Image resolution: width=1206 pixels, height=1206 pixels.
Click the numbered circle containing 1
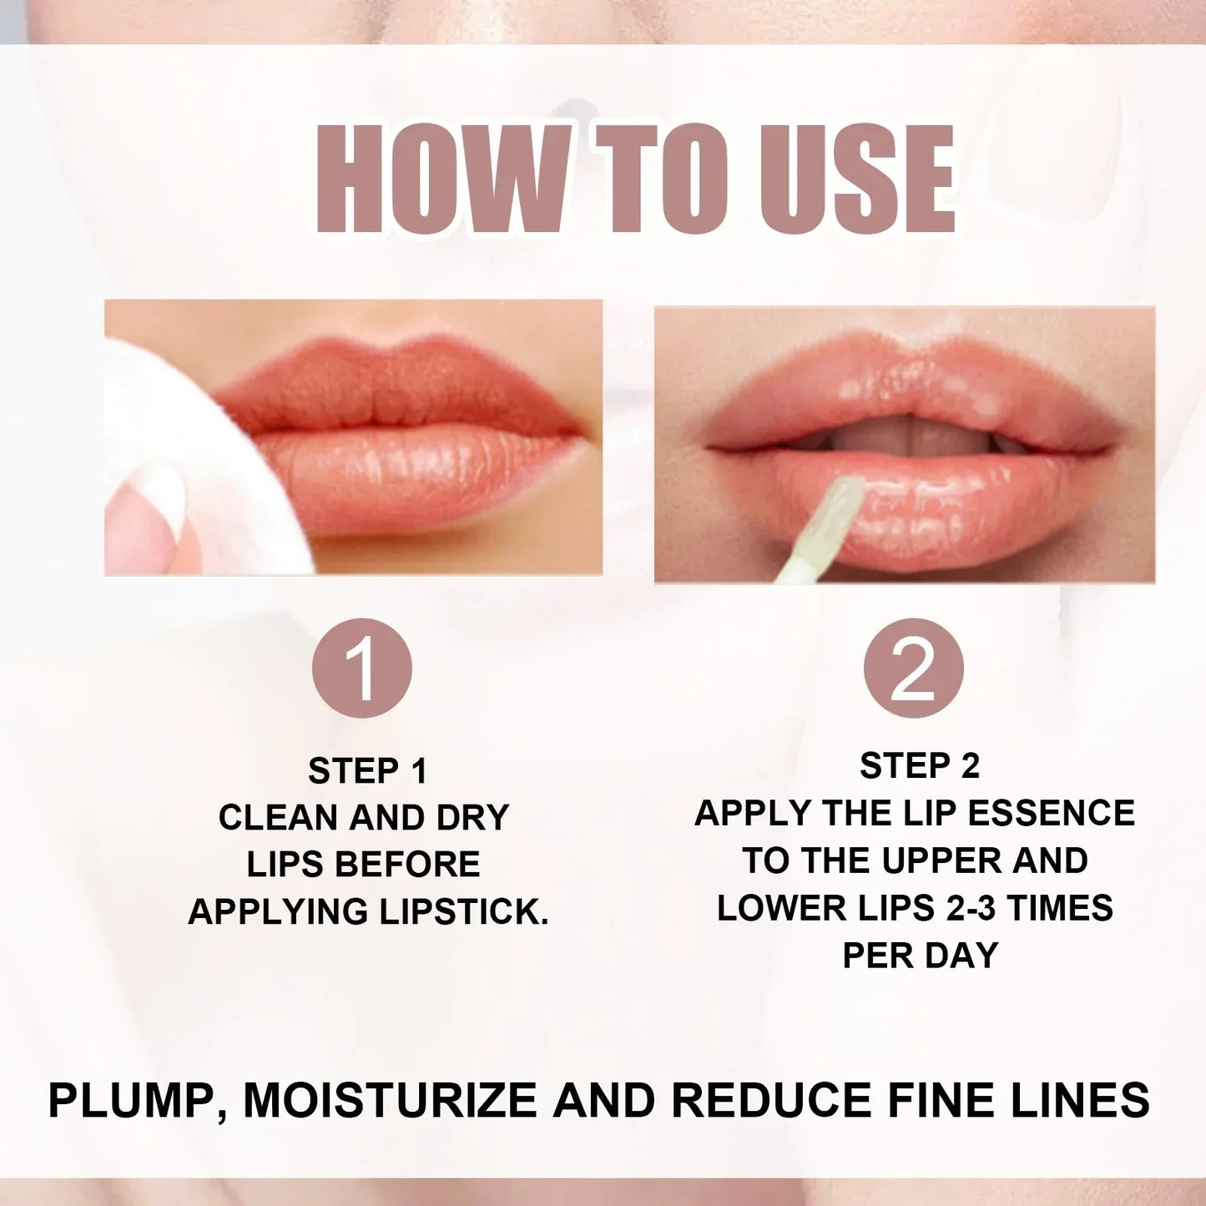click(361, 668)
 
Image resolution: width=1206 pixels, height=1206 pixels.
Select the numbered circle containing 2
click(913, 668)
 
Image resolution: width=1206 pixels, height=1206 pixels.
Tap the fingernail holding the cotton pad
click(154, 492)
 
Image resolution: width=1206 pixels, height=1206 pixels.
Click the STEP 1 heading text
click(367, 771)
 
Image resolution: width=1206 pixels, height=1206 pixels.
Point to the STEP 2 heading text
click(920, 766)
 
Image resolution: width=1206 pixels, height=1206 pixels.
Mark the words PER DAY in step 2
click(920, 956)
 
